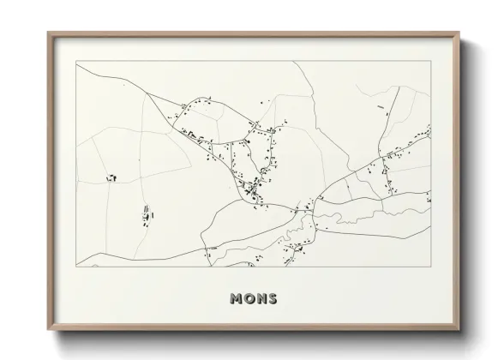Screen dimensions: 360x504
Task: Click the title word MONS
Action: coord(253,298)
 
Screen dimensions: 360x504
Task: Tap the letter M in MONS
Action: coord(236,298)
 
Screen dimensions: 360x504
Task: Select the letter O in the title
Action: coord(248,298)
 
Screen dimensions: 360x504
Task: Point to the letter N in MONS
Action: coord(260,298)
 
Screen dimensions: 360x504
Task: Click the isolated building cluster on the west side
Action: coord(111,177)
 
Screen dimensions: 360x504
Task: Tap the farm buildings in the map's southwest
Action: coord(145,213)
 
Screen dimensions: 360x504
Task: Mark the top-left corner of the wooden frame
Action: coord(49,33)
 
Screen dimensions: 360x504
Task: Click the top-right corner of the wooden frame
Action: coord(459,33)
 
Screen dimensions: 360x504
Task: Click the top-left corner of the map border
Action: coord(76,62)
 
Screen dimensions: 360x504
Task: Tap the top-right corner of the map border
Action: coord(430,62)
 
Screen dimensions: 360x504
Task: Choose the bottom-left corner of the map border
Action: coord(76,267)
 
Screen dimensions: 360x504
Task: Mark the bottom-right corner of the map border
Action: coord(430,267)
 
